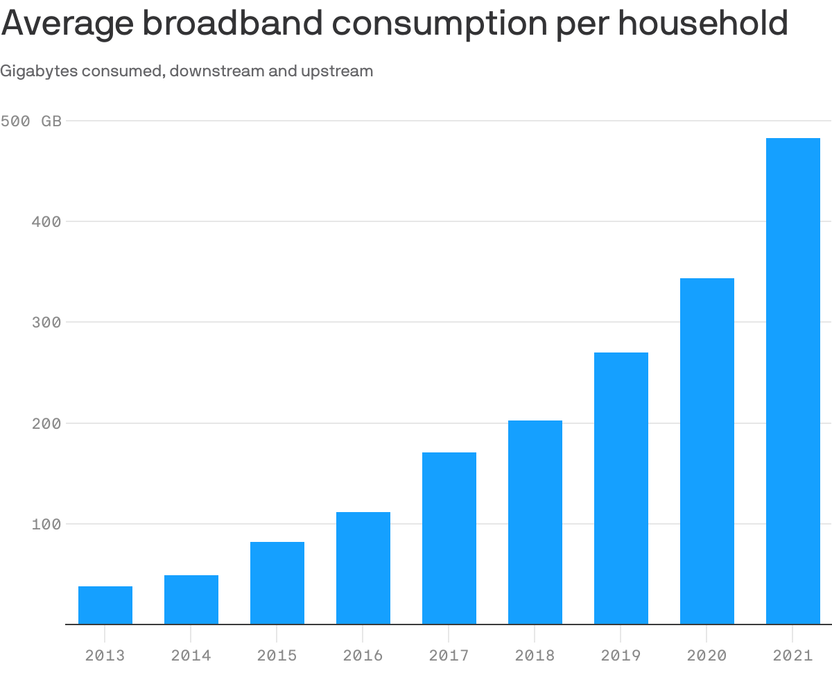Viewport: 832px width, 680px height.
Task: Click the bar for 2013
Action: pos(105,605)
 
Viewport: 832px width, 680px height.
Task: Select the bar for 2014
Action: pos(191,600)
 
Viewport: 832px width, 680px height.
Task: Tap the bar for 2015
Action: pos(277,583)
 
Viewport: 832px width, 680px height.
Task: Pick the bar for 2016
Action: pos(363,568)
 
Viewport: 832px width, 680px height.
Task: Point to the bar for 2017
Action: pos(449,538)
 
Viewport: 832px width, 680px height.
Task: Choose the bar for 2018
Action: pos(535,522)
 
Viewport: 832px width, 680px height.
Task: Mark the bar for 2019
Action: pos(621,488)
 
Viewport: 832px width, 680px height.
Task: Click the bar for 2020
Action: pos(707,451)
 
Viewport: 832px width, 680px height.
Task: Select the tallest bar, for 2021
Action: pos(793,382)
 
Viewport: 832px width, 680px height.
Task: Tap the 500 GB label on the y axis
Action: pos(31,121)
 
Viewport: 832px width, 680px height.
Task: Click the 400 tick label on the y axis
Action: pos(46,222)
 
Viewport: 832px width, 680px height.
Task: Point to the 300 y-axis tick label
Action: pos(46,323)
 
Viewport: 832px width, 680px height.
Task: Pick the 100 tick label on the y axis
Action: pos(46,524)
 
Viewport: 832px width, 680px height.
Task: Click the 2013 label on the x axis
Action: pos(105,655)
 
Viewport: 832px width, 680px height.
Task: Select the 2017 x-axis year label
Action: pos(449,655)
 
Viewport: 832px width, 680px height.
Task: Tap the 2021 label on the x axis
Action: pos(793,655)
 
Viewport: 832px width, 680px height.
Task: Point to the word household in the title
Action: pos(703,24)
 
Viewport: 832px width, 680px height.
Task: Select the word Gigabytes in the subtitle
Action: pos(39,71)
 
